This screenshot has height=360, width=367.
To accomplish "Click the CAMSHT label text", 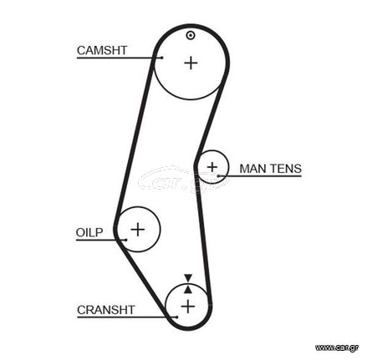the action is coord(102,50).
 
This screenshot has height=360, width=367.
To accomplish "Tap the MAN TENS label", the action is coord(271,169).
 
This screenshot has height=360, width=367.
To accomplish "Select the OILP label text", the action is coord(89,232).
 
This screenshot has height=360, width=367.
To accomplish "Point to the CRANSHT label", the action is coord(106,310).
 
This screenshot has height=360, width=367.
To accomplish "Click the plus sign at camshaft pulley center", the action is coord(191,63).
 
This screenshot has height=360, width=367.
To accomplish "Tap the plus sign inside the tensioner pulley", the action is coord(212,167).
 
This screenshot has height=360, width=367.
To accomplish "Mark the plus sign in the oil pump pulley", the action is coord(138,230).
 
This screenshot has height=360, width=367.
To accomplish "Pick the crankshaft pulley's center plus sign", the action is coord(188,307).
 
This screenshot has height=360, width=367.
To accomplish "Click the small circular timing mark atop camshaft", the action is coord(191,35).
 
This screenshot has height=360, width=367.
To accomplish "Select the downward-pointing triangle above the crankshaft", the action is coord(188,277).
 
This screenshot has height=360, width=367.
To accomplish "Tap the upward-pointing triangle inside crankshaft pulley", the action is coord(188,289).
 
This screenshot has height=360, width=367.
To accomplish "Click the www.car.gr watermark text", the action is coord(337,347).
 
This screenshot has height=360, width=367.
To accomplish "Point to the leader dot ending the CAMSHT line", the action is coord(162,58).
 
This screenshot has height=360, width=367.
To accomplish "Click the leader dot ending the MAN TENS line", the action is coord(218,176).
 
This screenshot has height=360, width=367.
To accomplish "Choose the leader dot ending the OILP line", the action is coord(125,240).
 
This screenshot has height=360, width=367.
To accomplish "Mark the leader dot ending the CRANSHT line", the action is coord(176,317).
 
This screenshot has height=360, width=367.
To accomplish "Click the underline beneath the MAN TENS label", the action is coord(260,176).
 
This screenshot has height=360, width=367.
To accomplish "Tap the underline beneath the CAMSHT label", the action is coord(120,58).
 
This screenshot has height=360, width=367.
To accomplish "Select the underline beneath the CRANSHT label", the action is coord(127,317).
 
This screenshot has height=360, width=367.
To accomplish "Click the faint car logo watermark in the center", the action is coord(184,180).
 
